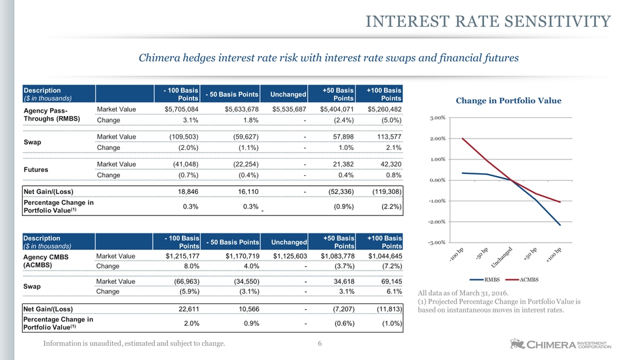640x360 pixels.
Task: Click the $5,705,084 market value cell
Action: [x=181, y=109]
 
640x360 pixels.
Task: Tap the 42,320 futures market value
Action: [x=390, y=164]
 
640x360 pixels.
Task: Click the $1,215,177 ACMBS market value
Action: [x=183, y=256]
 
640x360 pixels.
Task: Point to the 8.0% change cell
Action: [x=191, y=266]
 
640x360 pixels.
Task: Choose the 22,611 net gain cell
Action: [x=189, y=309]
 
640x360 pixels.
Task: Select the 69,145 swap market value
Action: [x=391, y=281]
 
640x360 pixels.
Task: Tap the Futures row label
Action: [x=36, y=170]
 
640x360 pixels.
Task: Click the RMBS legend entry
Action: [x=485, y=279]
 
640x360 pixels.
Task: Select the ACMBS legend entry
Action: [x=522, y=279]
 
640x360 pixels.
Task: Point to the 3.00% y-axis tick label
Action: [x=437, y=118]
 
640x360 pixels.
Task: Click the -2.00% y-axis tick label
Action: [x=436, y=222]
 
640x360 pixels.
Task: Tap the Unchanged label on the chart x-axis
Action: [x=501, y=257]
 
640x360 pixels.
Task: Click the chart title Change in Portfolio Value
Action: [x=509, y=101]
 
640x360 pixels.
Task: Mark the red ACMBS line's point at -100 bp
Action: [x=463, y=139]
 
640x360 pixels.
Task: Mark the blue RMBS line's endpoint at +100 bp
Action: [x=560, y=225]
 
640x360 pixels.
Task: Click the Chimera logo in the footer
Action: [x=561, y=344]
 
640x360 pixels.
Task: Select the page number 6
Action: [x=319, y=344]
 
